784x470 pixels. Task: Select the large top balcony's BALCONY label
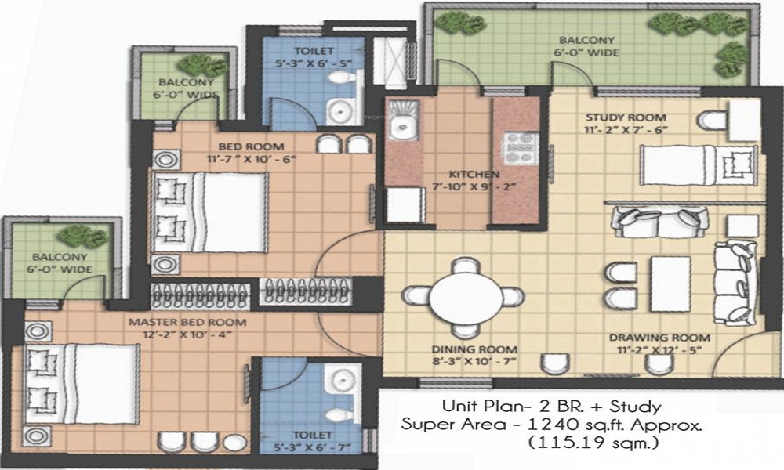coord(575,40)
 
